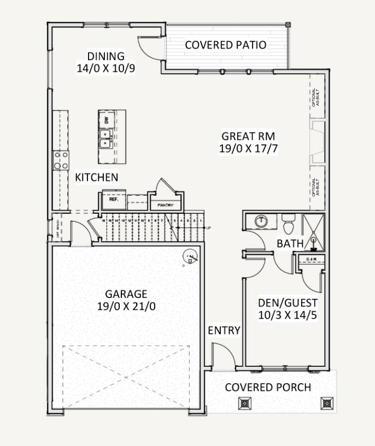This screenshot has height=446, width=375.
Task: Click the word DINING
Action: [x=106, y=56]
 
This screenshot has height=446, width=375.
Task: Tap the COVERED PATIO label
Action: [x=226, y=45]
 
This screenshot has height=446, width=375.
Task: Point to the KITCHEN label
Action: [x=97, y=177]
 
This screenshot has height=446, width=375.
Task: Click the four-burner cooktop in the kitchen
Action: [x=61, y=160]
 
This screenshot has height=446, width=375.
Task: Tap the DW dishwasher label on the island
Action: [x=107, y=120]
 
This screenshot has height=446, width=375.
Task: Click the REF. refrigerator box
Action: [x=114, y=199]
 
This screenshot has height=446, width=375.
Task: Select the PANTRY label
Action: [x=165, y=205]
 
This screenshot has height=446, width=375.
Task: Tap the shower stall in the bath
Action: [x=313, y=230]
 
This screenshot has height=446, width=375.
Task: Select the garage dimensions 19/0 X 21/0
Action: [x=127, y=306]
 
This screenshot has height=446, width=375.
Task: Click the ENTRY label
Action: [x=224, y=330]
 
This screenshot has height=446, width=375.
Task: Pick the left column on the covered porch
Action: [x=244, y=403]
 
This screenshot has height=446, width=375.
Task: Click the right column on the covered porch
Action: [x=326, y=403]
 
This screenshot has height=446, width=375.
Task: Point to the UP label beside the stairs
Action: [x=208, y=227]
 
